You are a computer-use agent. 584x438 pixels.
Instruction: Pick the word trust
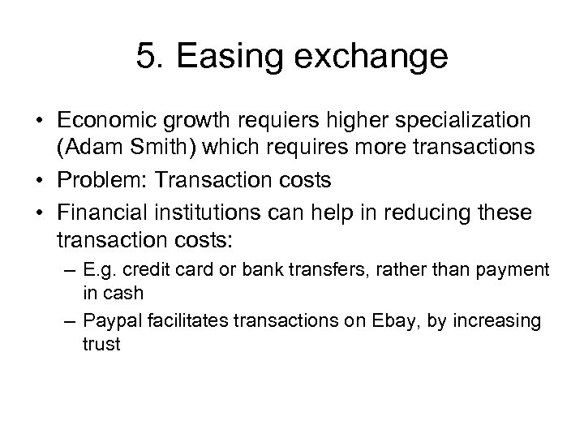coord(101,343)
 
